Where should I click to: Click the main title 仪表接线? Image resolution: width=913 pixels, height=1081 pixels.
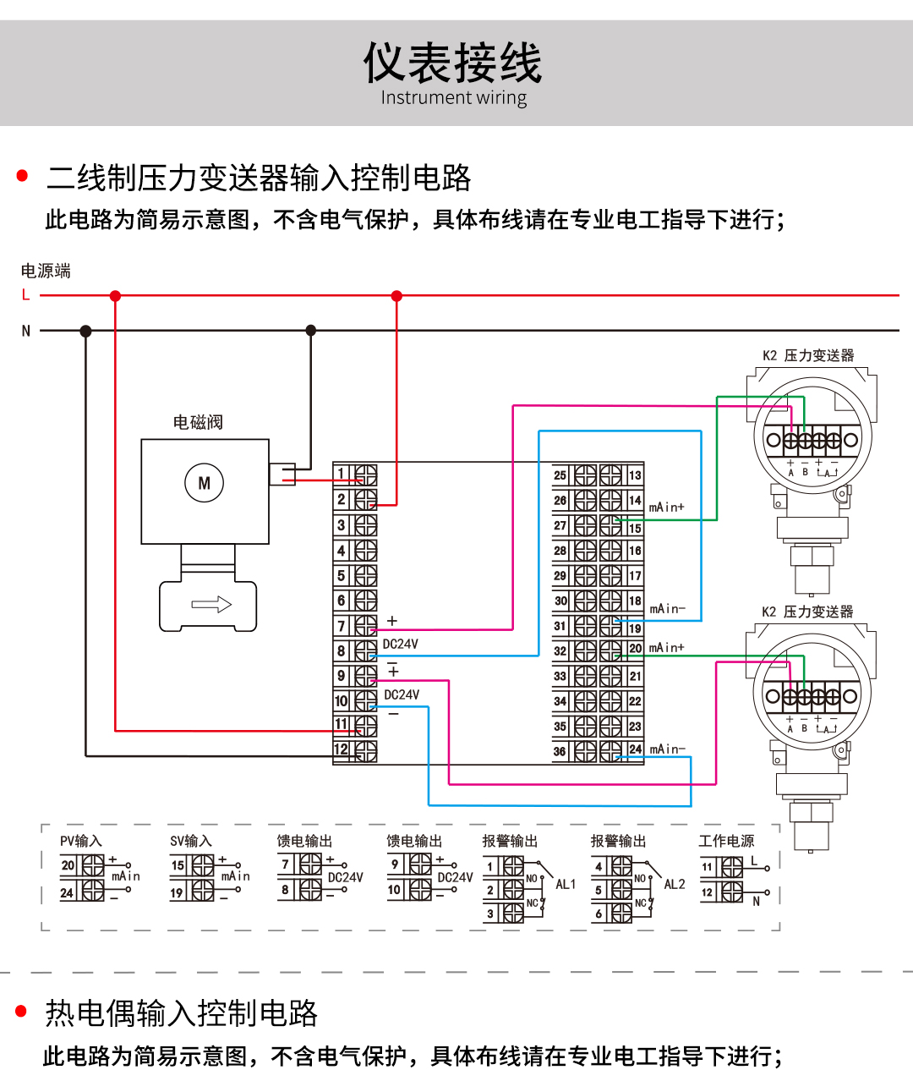(x=453, y=63)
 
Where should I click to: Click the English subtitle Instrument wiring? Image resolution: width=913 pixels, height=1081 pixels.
(x=453, y=98)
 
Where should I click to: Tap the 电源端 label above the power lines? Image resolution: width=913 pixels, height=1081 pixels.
(x=46, y=271)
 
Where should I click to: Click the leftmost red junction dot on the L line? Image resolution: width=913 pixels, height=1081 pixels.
(x=115, y=296)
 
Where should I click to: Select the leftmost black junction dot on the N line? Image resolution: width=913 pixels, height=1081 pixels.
(x=85, y=331)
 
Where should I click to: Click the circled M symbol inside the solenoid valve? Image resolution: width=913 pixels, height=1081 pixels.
(x=204, y=483)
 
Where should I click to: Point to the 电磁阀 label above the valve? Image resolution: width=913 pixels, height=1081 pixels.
(x=198, y=422)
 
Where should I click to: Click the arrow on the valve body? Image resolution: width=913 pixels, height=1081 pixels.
(x=211, y=604)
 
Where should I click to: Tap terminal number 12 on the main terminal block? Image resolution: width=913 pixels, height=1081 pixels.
(x=341, y=749)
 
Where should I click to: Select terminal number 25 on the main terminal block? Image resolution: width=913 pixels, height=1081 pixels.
(x=560, y=475)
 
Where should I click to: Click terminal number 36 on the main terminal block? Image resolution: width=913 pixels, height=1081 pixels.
(x=560, y=751)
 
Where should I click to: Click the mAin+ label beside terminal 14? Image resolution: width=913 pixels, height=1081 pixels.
(x=667, y=508)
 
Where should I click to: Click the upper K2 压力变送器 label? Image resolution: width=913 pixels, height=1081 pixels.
(x=808, y=355)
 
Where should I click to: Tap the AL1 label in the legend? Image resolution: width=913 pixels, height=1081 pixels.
(x=566, y=884)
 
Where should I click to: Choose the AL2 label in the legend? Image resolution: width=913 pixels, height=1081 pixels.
(x=675, y=884)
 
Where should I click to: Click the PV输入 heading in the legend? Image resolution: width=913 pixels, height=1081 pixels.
(x=81, y=841)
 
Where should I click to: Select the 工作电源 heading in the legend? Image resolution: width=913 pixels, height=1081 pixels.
(x=726, y=841)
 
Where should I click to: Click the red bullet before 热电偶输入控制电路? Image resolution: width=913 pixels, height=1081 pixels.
(x=22, y=1011)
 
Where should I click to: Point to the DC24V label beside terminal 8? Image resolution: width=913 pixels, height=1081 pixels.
(x=401, y=644)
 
